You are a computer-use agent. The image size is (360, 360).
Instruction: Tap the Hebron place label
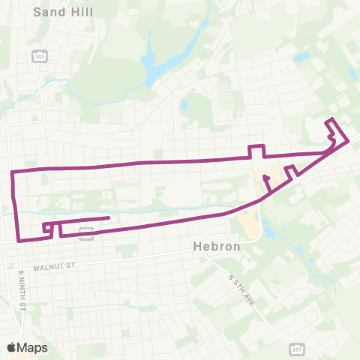point(216,246)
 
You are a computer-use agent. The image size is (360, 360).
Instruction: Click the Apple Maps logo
point(27,347)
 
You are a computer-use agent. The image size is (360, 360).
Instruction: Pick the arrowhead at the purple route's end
point(265,178)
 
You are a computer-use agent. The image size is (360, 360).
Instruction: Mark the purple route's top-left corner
point(13,172)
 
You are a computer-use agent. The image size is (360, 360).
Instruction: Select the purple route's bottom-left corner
point(19,240)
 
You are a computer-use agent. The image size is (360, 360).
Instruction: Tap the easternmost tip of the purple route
point(348,141)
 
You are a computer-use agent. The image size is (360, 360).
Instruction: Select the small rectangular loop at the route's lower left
point(47,228)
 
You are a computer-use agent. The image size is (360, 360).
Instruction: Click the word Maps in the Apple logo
point(33,347)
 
